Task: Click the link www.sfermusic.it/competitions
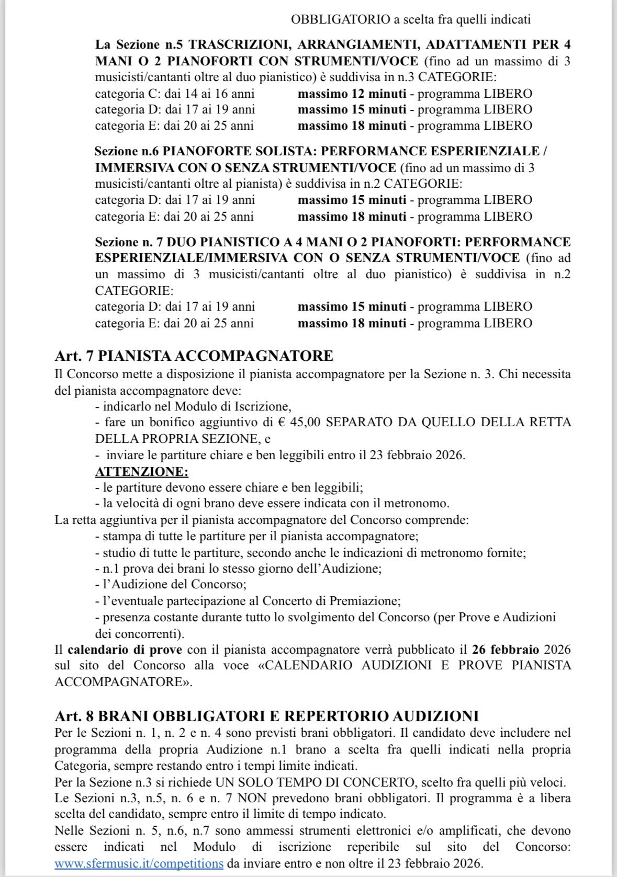tap(139, 863)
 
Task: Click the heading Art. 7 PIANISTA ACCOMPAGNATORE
tap(194, 356)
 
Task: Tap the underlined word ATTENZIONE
tap(141, 471)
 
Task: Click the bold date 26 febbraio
tap(505, 650)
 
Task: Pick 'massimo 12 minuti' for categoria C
tap(352, 94)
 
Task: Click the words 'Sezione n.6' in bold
tap(127, 152)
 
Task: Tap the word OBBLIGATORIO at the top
tap(340, 20)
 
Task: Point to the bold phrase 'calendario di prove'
tap(125, 650)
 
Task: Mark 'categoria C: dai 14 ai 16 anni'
tap(175, 94)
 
